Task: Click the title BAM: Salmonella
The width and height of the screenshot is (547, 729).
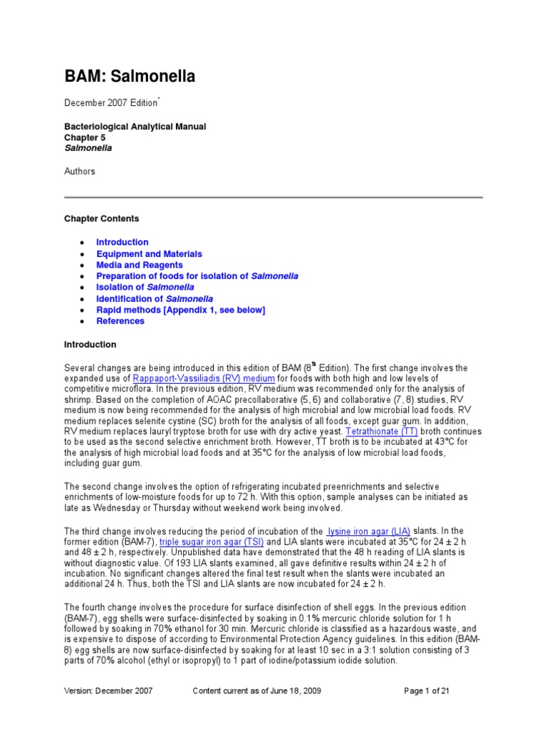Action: (x=130, y=76)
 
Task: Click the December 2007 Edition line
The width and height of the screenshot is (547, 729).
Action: (x=111, y=103)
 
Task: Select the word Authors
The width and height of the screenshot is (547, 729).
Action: (x=80, y=172)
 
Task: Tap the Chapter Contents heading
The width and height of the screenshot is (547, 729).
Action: (x=102, y=219)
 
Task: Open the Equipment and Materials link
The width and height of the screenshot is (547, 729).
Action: (x=149, y=254)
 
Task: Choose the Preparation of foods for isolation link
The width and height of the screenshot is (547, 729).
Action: (x=197, y=276)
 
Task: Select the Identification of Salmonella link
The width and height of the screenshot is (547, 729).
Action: (x=155, y=299)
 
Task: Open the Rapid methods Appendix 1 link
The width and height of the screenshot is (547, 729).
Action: (x=181, y=310)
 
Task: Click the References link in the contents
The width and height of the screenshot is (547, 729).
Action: (x=120, y=321)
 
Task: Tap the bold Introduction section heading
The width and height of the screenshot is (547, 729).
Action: (x=90, y=345)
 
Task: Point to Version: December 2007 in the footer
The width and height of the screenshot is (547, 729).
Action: (x=108, y=691)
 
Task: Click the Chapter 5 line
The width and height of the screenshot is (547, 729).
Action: (x=85, y=137)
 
